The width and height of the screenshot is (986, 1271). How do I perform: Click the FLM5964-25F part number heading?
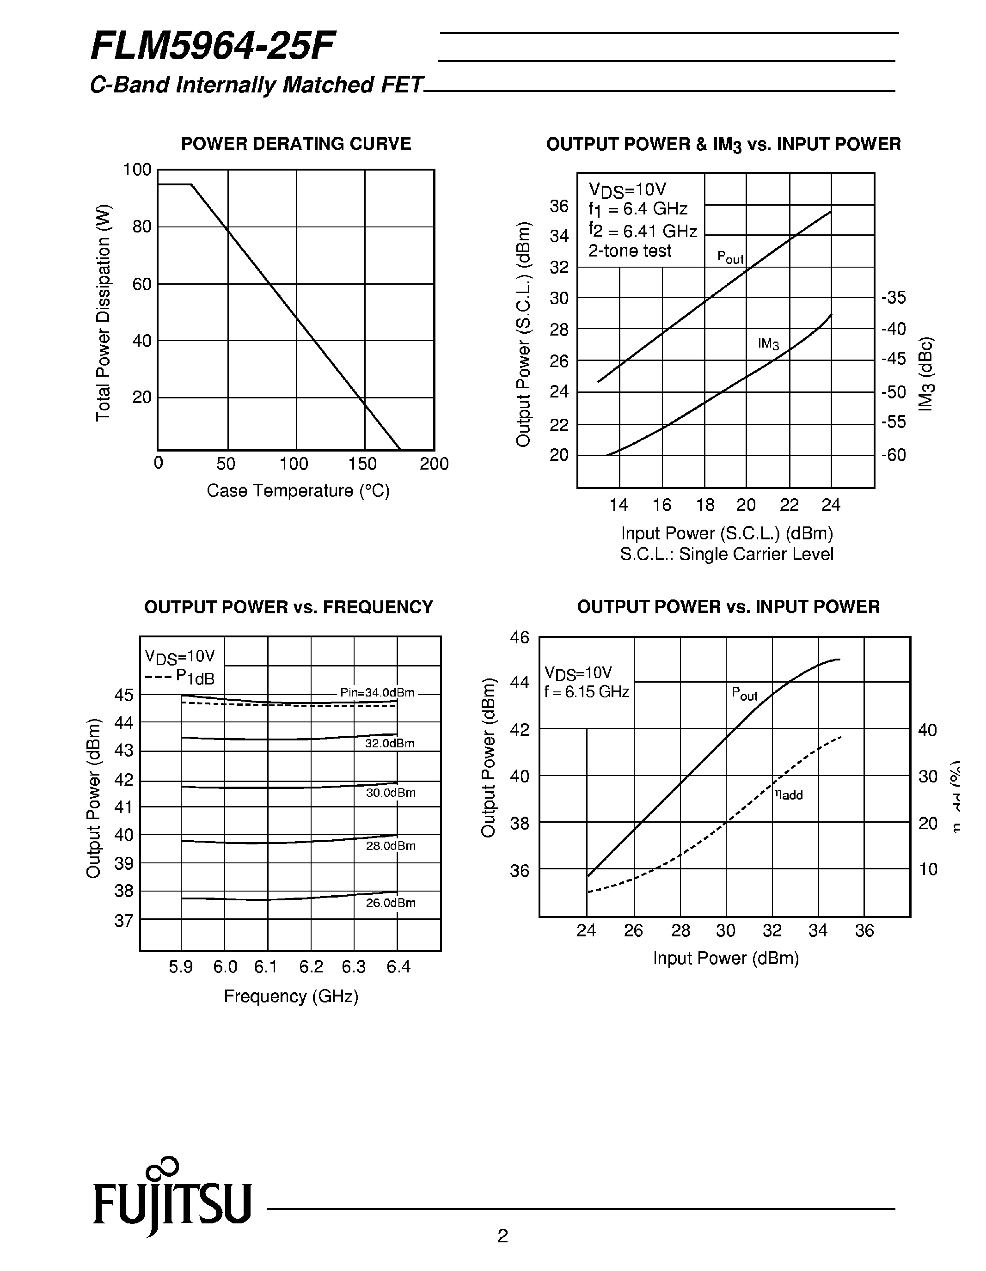pos(213,47)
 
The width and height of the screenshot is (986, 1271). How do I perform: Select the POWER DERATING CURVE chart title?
pos(296,144)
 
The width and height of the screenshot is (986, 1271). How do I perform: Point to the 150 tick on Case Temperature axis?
pos(362,464)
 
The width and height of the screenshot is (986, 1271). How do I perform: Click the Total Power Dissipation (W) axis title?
pos(103,312)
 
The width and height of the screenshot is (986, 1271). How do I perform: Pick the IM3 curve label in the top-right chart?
pos(768,344)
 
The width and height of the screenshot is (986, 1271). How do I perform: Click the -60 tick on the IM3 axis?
pos(894,454)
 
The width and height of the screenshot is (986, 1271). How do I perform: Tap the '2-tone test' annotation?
pos(630,251)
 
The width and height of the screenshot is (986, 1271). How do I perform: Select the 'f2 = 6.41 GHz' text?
pos(643,231)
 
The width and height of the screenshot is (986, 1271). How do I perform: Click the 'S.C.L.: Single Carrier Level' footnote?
pos(726,554)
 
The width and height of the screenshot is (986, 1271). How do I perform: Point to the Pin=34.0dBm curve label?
pos(377,692)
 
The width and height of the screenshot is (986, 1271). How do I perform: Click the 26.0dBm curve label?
pos(391,903)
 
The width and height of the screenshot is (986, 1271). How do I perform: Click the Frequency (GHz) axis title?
pos(291,996)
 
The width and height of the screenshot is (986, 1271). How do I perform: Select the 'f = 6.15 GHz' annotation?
pos(587,692)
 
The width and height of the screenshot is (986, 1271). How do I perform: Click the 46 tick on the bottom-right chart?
pos(520,637)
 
